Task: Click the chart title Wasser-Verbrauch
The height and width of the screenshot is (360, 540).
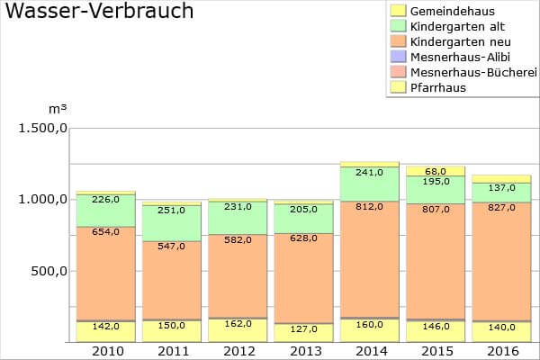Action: pos(99,12)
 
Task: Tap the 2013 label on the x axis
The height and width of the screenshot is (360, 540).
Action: pos(303,350)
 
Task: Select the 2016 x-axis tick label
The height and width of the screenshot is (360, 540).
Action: pos(501,350)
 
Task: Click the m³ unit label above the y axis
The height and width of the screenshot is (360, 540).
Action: pos(55,108)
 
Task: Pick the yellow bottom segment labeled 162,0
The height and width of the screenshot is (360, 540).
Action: pos(238,330)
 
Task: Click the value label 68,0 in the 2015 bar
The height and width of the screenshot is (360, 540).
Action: pos(436,171)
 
